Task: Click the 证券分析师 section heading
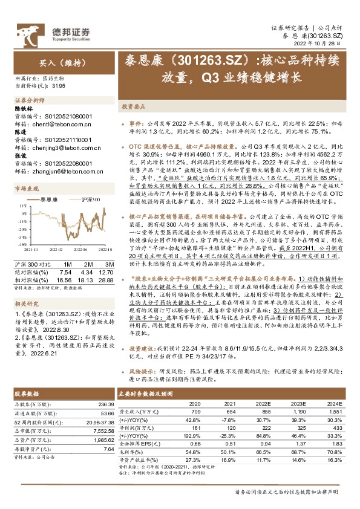[29, 100]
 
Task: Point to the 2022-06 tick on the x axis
[78, 249]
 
